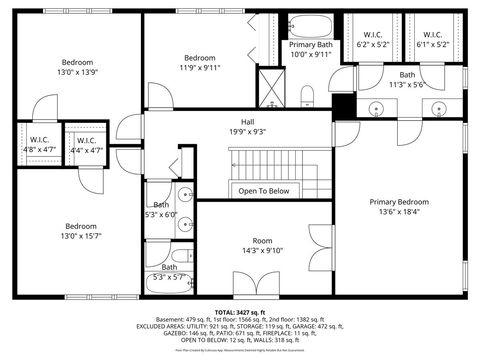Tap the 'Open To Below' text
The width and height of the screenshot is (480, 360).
264,191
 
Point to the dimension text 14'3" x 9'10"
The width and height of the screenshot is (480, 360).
262,251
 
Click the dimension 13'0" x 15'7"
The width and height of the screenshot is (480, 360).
81,236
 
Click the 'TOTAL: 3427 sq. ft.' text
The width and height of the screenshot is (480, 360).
240,312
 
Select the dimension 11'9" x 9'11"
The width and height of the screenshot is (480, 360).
199,68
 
